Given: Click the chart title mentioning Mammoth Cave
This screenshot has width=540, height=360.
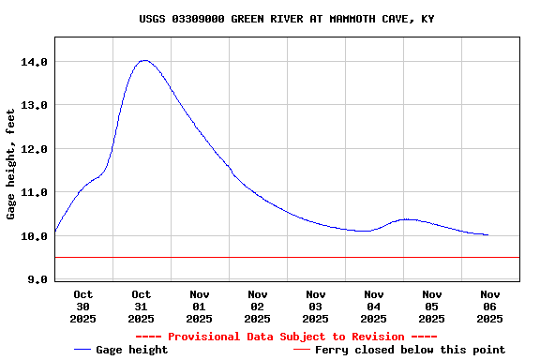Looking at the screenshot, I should point(287,19).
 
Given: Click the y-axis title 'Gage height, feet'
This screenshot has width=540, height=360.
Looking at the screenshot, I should point(11,164).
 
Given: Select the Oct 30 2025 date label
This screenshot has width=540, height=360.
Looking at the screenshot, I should point(83,307).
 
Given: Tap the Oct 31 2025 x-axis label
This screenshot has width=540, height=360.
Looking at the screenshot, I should point(142,307).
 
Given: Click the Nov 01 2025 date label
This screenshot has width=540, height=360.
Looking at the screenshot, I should point(200,307).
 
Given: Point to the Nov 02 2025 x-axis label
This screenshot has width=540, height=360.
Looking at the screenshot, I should point(258,307).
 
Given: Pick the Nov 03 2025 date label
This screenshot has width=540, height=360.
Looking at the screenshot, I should point(316,307).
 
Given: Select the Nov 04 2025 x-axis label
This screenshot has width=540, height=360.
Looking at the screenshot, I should point(374,307).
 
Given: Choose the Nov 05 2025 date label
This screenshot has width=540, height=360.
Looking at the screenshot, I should point(432,307).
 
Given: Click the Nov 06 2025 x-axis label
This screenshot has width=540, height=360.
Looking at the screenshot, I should point(490,307).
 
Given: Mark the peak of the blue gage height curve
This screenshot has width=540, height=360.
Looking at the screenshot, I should point(143,60).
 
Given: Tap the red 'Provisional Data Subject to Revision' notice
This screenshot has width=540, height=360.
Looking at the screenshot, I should point(286,337).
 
